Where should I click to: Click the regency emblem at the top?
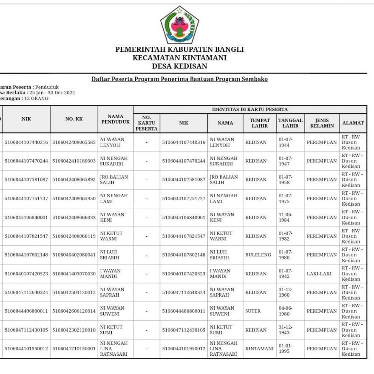coord(179,25)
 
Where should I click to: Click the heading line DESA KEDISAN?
coord(179,66)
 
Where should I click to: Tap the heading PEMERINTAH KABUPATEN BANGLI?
coord(179,49)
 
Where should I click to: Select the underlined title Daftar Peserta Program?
coord(179,79)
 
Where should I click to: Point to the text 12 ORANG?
coord(37,98)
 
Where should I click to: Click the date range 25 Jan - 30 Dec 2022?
coord(52,93)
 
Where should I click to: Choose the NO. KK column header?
coord(74,119)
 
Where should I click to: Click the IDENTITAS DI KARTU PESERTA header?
coord(250,110)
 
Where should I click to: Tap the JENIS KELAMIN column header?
coord(322,123)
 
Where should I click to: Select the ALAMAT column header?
coord(353,123)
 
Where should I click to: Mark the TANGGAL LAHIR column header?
coord(291,123)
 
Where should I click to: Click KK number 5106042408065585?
coord(74,142)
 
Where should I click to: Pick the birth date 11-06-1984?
coord(285,218)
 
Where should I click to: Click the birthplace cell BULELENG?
coord(258,255)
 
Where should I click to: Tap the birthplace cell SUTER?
coord(253,311)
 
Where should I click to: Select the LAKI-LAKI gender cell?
coord(319,274)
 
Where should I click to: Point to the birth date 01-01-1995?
coord(285,348)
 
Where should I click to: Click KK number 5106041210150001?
coord(74,348)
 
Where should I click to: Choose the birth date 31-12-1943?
coord(285,330)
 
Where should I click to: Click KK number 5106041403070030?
coord(74,274)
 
